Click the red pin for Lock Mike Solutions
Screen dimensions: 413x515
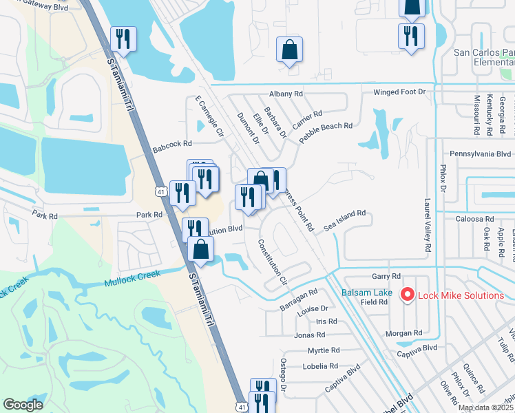[x=406, y=295]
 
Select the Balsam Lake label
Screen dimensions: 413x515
[x=368, y=293]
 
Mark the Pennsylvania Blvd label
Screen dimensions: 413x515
[x=481, y=154]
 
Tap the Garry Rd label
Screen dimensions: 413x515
[x=381, y=275]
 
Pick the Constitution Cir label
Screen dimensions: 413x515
[x=273, y=262]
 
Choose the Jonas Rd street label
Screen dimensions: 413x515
[x=309, y=335]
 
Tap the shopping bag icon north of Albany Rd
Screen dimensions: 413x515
[x=290, y=50]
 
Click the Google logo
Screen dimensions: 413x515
[x=23, y=405]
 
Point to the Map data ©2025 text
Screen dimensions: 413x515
[x=485, y=407]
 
